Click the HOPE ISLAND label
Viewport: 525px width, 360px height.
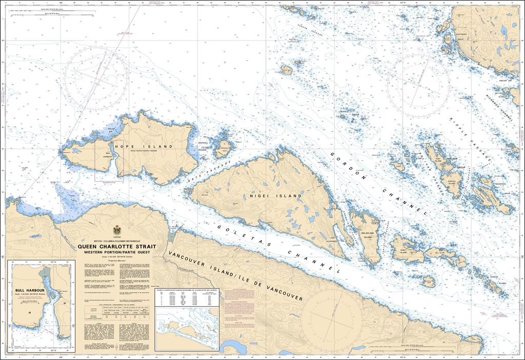[x=144, y=147]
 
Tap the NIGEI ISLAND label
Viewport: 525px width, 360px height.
[x=274, y=196]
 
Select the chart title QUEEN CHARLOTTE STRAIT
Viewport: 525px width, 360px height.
[x=117, y=247]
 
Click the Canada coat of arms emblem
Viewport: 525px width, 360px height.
[x=117, y=230]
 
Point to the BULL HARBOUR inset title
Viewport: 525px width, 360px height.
[x=31, y=291]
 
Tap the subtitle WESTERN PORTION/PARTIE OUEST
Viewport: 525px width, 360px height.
[x=117, y=253]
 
